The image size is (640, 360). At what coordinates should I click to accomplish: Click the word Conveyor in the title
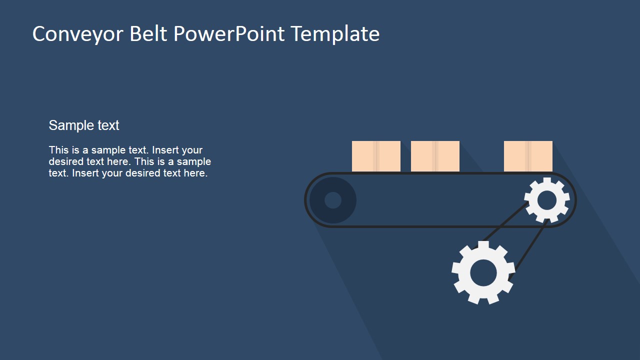tap(78, 34)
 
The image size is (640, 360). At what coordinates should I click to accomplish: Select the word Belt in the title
tap(149, 34)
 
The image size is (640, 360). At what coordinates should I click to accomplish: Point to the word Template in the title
tap(335, 34)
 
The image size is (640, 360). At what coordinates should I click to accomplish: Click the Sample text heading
tap(84, 125)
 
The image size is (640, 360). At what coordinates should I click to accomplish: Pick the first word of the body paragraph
tap(57, 150)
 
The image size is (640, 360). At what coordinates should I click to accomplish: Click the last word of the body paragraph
tap(195, 173)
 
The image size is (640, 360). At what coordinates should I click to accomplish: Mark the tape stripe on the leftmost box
tap(376, 156)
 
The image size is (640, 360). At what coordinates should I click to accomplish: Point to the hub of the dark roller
tap(332, 200)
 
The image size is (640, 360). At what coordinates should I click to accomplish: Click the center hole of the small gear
tap(546, 200)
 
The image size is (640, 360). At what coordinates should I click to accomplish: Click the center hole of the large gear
tap(483, 273)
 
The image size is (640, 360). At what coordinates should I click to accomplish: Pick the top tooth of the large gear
tap(483, 245)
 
